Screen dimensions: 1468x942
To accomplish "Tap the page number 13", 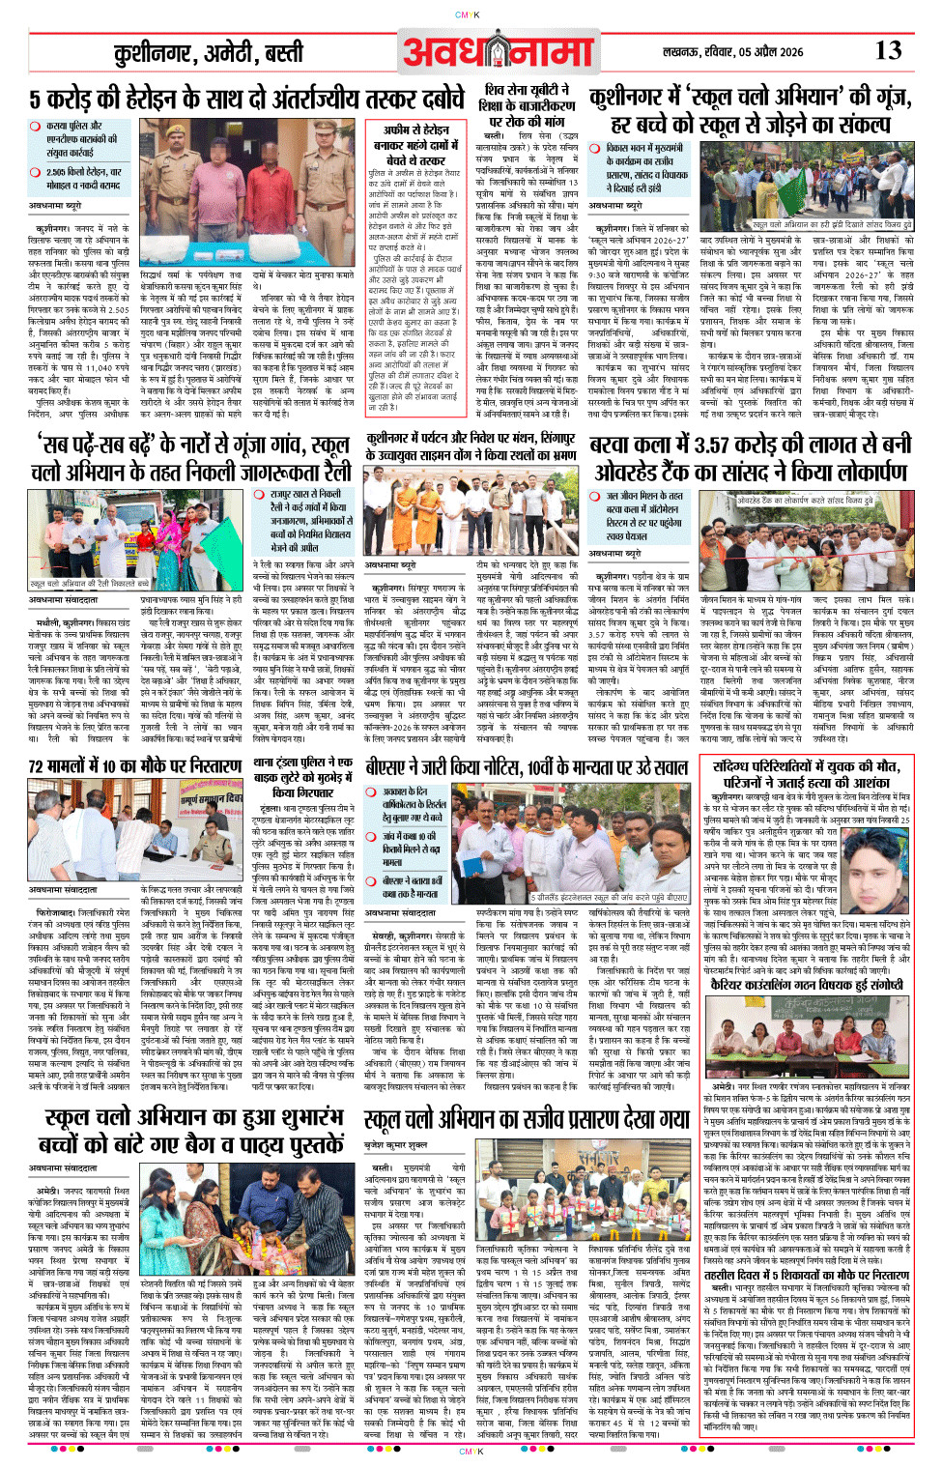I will click(888, 50).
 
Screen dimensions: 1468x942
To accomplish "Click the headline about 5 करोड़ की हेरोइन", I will click(246, 100).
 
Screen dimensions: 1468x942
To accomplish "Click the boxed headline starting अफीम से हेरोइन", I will click(416, 144).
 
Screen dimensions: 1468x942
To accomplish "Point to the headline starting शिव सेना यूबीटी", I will click(528, 105).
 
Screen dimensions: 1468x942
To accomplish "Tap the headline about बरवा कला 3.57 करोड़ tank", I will click(749, 458).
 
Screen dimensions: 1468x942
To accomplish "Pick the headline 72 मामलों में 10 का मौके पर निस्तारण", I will click(134, 766).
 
